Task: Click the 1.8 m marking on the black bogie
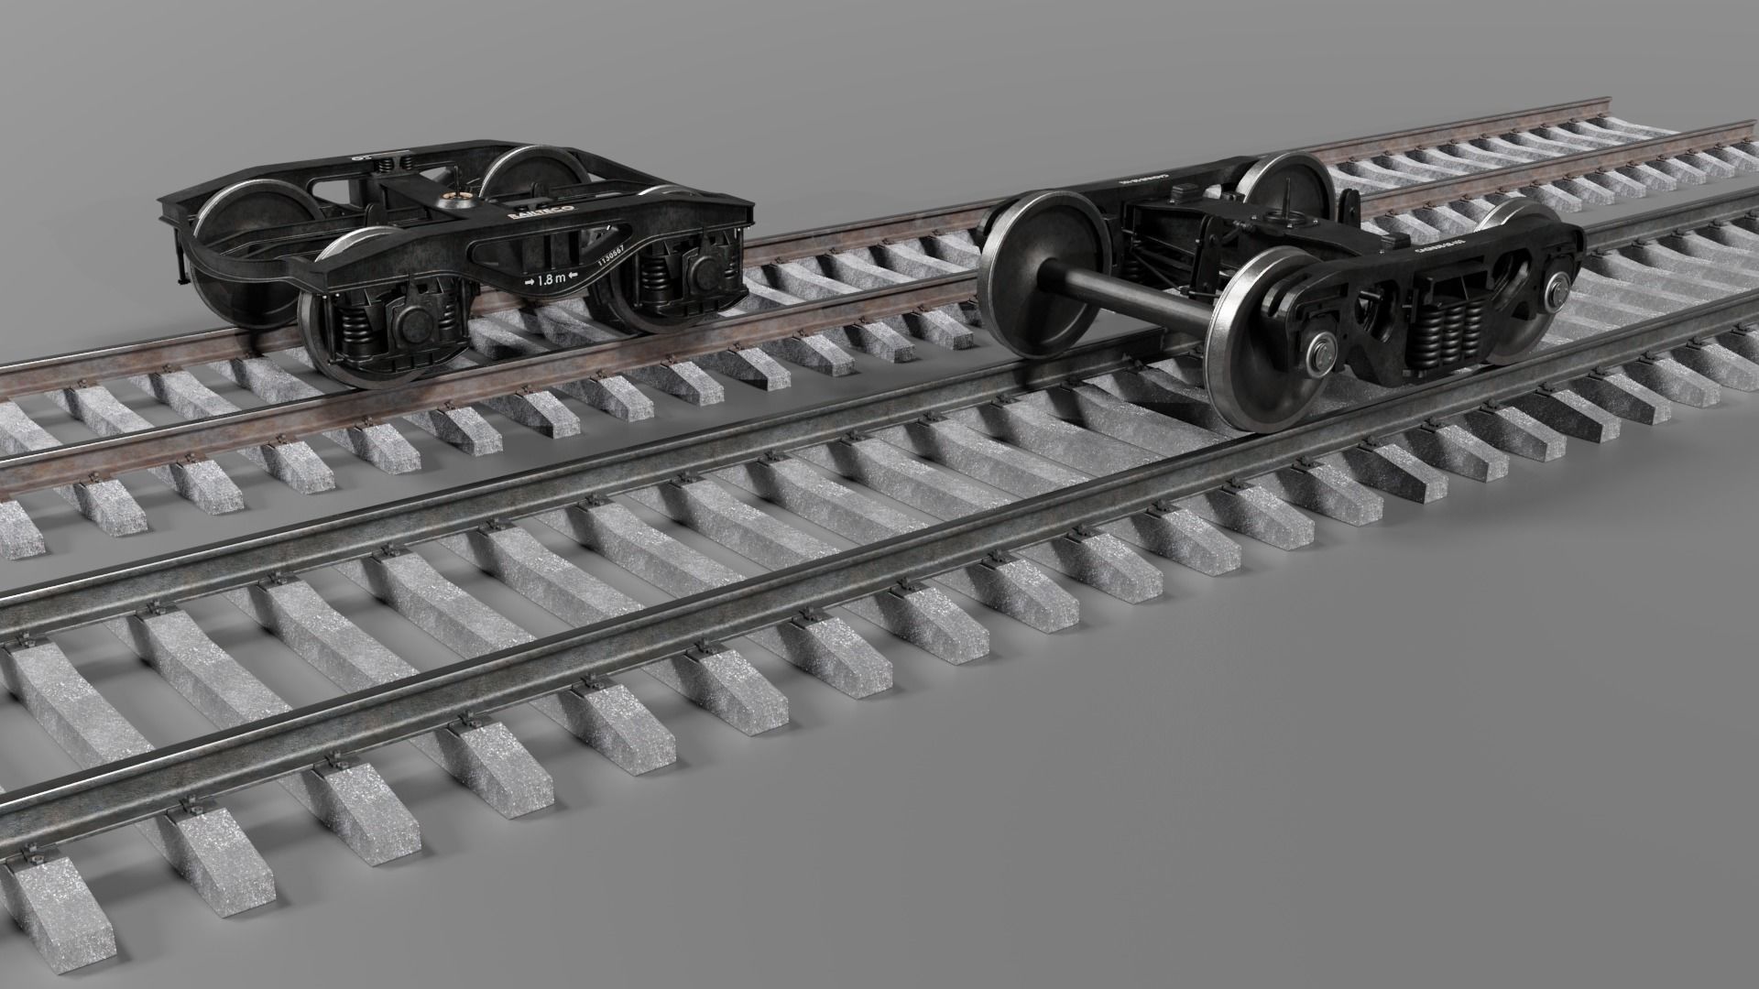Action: tap(551, 279)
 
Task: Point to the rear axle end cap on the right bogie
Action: tap(1555, 290)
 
